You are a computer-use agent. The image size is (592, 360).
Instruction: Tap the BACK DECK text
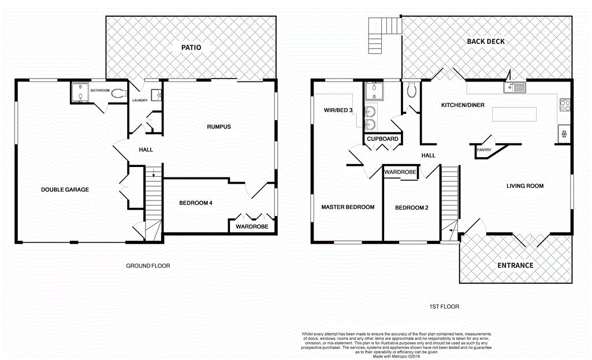click(x=486, y=41)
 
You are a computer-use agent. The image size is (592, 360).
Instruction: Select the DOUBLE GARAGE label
click(x=65, y=190)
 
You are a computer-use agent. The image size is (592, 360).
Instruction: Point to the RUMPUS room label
click(x=219, y=127)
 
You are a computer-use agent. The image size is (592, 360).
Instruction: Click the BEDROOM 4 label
click(x=196, y=202)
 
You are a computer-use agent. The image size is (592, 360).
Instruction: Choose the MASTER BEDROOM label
click(x=348, y=207)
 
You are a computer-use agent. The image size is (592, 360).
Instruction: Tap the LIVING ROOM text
click(x=525, y=185)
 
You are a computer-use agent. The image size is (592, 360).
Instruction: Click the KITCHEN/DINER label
click(x=463, y=105)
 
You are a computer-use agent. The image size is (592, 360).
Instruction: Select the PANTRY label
click(x=483, y=150)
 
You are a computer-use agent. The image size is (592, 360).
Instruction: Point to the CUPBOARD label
click(x=383, y=139)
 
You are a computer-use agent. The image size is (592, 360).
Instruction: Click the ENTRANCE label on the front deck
click(x=516, y=265)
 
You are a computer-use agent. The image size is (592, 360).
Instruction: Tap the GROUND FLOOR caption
click(x=148, y=266)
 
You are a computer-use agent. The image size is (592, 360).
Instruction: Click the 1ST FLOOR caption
click(x=445, y=307)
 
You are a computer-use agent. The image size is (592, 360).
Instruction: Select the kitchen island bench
click(x=514, y=114)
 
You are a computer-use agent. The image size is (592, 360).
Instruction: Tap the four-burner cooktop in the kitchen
click(x=564, y=106)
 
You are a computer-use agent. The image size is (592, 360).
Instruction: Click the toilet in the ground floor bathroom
click(x=118, y=93)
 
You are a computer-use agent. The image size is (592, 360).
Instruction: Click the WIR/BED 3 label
click(x=338, y=109)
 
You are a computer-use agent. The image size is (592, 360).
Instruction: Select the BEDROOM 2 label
click(x=411, y=207)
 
